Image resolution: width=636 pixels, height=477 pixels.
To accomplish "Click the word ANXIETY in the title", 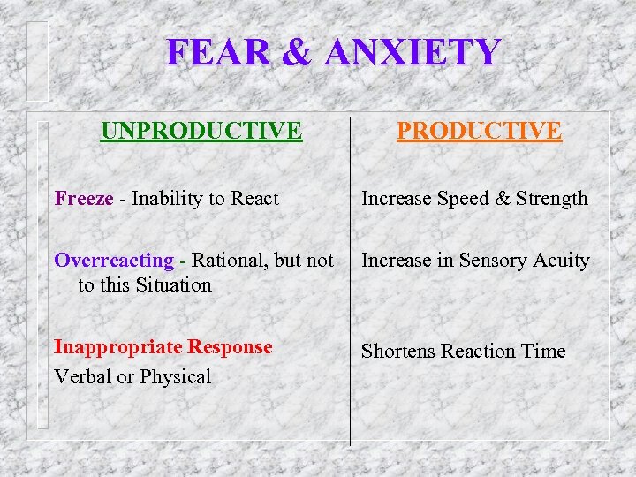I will click(413, 53).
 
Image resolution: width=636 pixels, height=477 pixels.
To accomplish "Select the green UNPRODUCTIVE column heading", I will click(201, 131).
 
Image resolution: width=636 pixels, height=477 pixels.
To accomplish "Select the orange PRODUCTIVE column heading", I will click(479, 131).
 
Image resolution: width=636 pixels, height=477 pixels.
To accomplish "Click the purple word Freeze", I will click(84, 199).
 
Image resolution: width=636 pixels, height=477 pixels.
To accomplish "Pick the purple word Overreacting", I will click(114, 261).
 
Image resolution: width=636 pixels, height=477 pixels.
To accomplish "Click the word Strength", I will click(553, 199).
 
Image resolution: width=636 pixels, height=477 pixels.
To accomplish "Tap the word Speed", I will click(462, 199).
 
